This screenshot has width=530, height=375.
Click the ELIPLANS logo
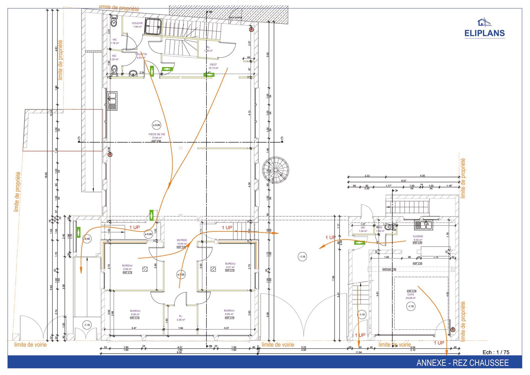(484, 29)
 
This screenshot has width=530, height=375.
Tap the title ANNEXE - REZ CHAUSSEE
(462, 363)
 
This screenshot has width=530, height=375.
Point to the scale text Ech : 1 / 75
(496, 352)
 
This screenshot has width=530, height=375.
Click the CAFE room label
(410, 295)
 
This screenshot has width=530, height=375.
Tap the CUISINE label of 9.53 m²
(418, 236)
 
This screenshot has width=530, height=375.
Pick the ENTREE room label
(182, 240)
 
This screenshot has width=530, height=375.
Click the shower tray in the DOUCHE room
(153, 27)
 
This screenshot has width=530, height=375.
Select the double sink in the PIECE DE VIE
(112, 101)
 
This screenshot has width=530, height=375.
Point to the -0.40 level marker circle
(87, 239)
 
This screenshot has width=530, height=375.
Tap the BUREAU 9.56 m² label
(127, 266)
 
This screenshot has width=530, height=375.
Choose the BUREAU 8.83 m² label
(229, 311)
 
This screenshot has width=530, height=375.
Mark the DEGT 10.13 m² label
(213, 65)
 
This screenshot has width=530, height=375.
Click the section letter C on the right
(282, 138)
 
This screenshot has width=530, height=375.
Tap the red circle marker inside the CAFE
(453, 330)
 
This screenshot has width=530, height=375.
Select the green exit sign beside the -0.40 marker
(78, 232)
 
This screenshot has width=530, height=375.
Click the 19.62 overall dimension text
(46, 176)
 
